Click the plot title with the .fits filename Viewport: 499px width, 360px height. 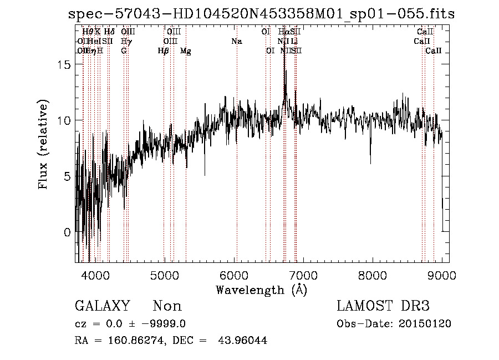point(261,14)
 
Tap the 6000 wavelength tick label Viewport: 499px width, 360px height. point(233,275)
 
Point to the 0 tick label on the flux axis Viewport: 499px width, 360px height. point(68,232)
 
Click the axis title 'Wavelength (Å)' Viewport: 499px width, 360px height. point(261,290)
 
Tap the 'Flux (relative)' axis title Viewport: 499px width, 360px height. point(44,144)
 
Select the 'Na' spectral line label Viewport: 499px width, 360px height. point(237,41)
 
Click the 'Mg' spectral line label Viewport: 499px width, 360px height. point(186,50)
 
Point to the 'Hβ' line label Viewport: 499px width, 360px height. point(163,50)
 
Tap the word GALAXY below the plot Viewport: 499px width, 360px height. point(102,306)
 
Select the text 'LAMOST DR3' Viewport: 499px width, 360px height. point(383,306)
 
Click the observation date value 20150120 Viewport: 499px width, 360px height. point(428,324)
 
